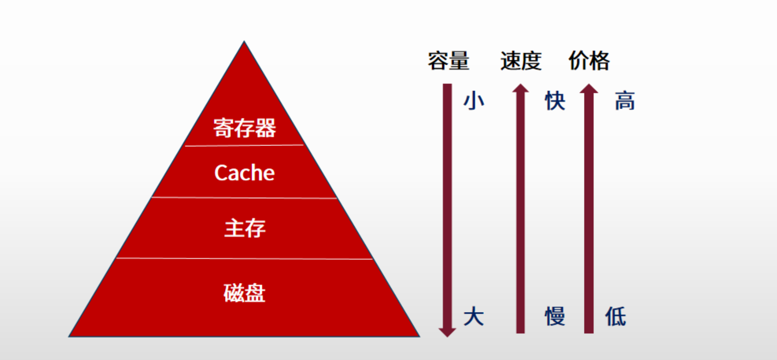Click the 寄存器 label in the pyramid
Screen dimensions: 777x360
point(244,128)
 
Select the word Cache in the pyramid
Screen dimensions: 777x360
point(244,173)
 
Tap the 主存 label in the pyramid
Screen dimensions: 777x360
point(245,228)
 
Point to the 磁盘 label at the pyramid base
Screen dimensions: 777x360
point(244,293)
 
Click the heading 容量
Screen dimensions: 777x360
point(448,61)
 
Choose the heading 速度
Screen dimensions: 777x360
point(521,61)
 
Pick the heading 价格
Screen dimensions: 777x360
point(589,61)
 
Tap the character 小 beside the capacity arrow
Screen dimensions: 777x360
point(474,101)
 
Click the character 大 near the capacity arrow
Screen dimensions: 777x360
point(474,316)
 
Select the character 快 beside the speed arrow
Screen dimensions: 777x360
point(555,101)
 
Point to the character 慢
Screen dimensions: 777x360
point(555,316)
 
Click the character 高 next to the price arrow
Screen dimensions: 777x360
point(625,101)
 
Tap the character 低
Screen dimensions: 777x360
point(615,316)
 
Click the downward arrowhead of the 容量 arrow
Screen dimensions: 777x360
point(447,331)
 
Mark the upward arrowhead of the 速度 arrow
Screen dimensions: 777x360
point(520,88)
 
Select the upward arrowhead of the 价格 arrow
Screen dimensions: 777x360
point(589,88)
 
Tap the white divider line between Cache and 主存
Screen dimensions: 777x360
point(244,198)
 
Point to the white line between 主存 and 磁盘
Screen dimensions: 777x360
point(244,258)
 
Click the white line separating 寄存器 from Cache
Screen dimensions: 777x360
point(244,145)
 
